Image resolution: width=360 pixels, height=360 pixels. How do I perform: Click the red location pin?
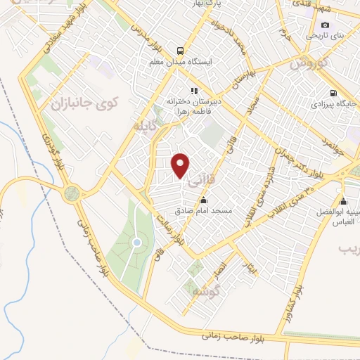181,165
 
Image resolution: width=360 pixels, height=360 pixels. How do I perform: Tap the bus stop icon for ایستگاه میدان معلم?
181,51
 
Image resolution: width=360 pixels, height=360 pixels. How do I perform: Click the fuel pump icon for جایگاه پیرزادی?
333,92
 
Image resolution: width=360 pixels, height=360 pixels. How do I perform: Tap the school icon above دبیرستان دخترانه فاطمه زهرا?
194,90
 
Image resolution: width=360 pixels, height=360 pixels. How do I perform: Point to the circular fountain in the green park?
137,243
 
